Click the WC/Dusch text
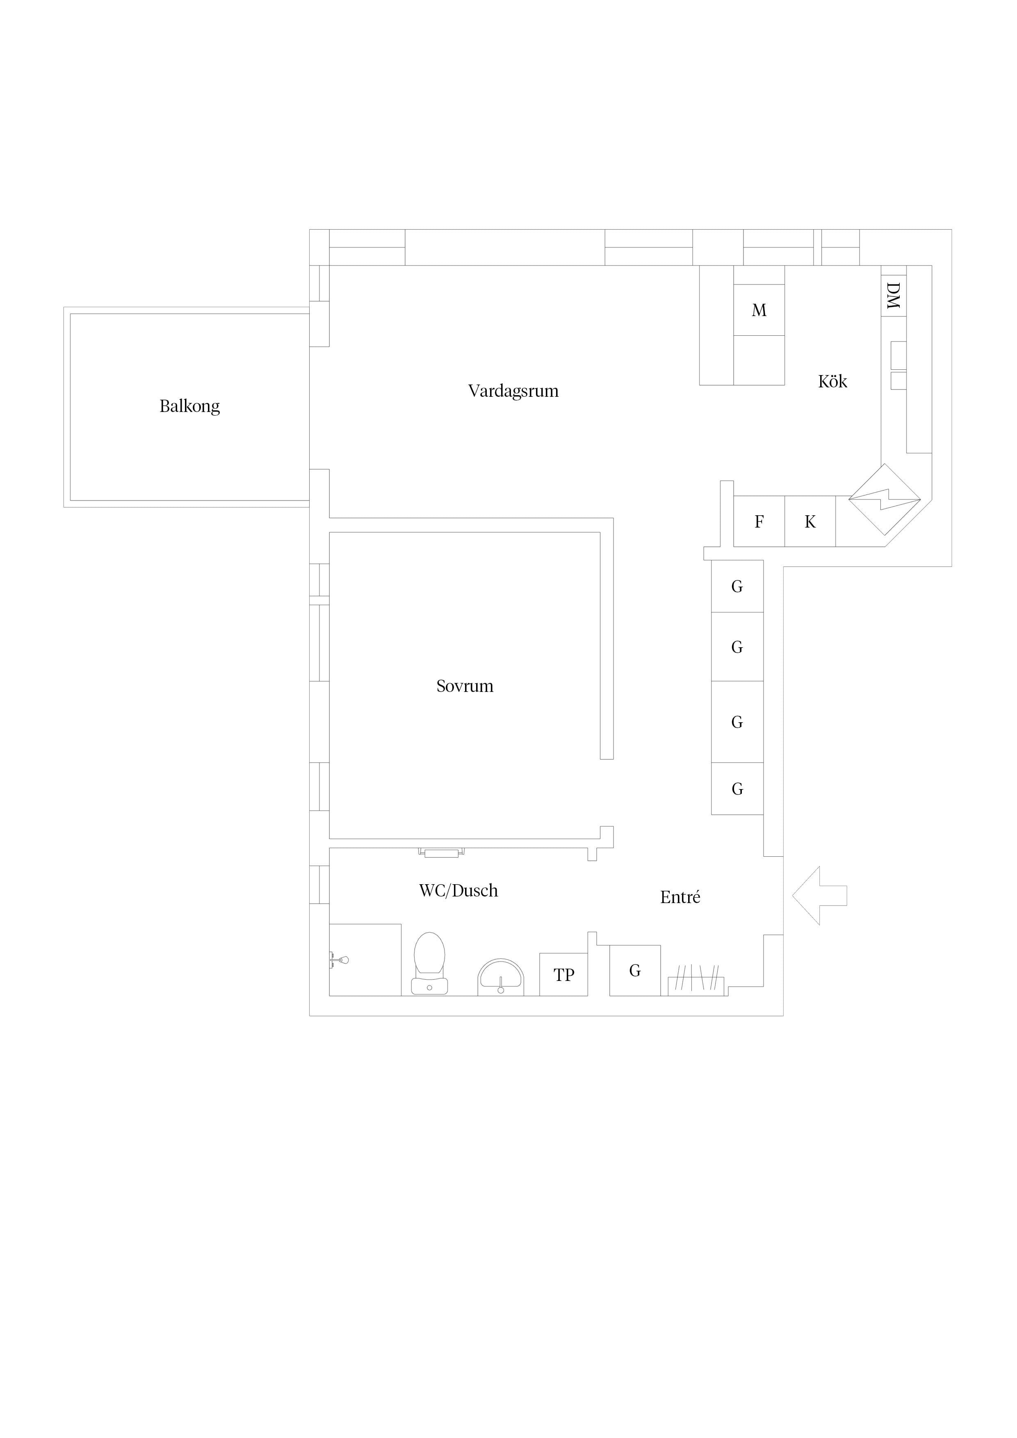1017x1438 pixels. click(x=459, y=891)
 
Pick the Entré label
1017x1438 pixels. click(x=680, y=897)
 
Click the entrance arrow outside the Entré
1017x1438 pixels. click(x=820, y=896)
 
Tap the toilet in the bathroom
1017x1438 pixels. click(x=429, y=963)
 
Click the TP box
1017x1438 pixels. click(x=564, y=974)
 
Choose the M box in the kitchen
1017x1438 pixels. click(x=759, y=310)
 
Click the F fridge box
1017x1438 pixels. click(x=759, y=521)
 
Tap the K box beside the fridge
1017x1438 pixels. click(x=809, y=521)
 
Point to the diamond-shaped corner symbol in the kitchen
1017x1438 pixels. click(x=885, y=500)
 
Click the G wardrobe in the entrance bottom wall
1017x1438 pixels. click(x=635, y=970)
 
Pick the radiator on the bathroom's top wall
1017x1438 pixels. click(x=442, y=852)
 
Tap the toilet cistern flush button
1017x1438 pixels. click(x=429, y=987)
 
